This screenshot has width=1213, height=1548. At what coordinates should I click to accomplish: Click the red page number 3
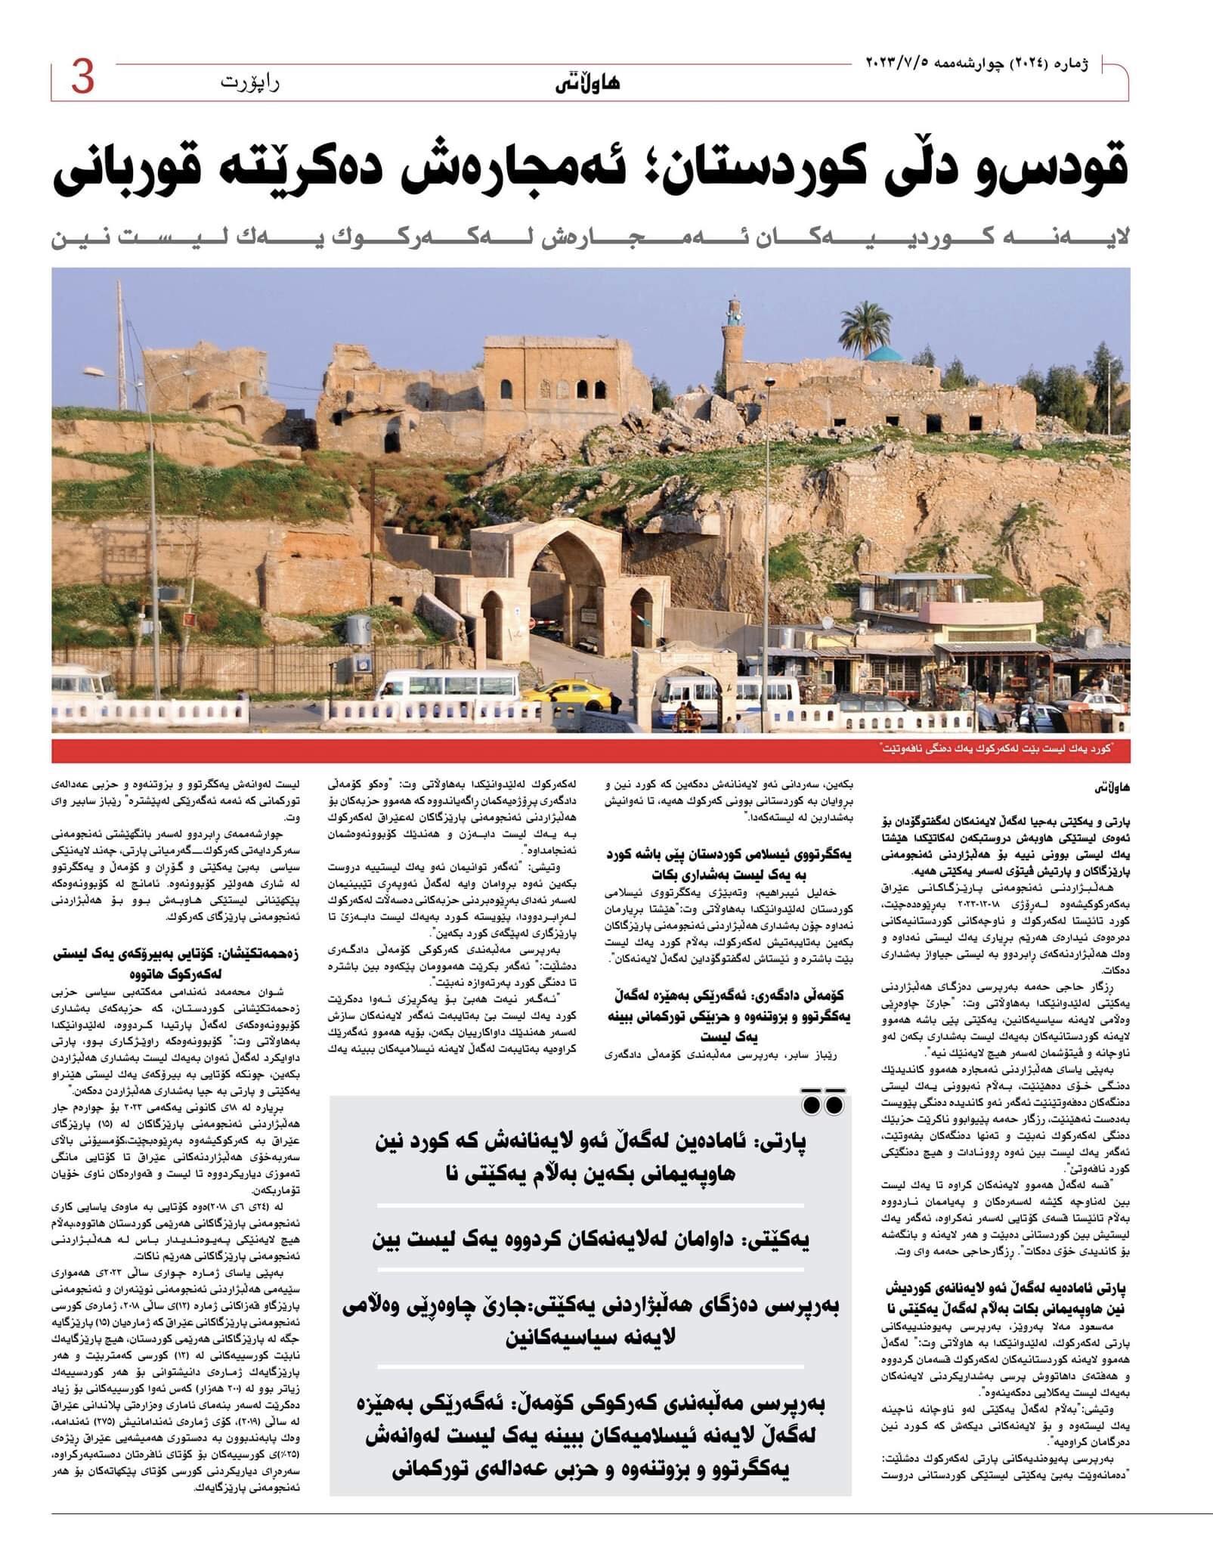[82, 79]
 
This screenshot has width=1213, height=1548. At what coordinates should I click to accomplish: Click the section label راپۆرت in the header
[250, 82]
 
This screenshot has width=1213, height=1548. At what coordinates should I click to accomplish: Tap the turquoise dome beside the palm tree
[887, 353]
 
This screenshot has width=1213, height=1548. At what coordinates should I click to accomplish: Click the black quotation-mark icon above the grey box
[822, 1104]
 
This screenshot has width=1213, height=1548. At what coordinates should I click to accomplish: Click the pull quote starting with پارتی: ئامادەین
[591, 1153]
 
